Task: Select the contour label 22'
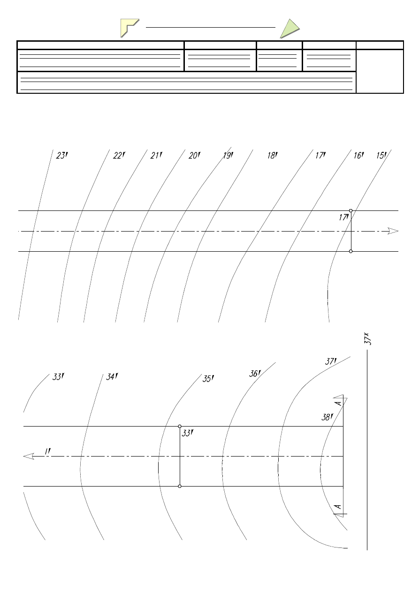point(120,156)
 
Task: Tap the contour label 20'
point(194,156)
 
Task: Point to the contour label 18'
point(273,156)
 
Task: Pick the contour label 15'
point(381,156)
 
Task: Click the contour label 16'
point(358,156)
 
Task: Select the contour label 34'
point(112,377)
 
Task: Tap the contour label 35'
point(208,379)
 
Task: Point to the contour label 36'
point(255,374)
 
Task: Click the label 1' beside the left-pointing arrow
point(47,451)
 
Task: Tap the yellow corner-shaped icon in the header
point(130,28)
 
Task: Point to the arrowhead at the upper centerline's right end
point(393,231)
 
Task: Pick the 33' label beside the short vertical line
point(188,434)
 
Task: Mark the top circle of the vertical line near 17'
point(351,211)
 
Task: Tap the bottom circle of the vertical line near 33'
point(180,487)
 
